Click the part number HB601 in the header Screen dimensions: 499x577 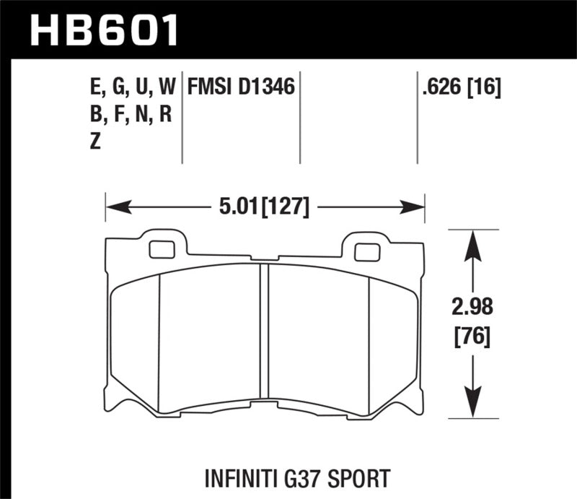105,31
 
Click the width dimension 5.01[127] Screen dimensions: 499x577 263,208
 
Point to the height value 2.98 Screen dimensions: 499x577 472,311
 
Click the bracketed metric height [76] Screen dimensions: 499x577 472,336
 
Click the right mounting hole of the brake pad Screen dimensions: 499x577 368,252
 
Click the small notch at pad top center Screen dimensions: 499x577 265,259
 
